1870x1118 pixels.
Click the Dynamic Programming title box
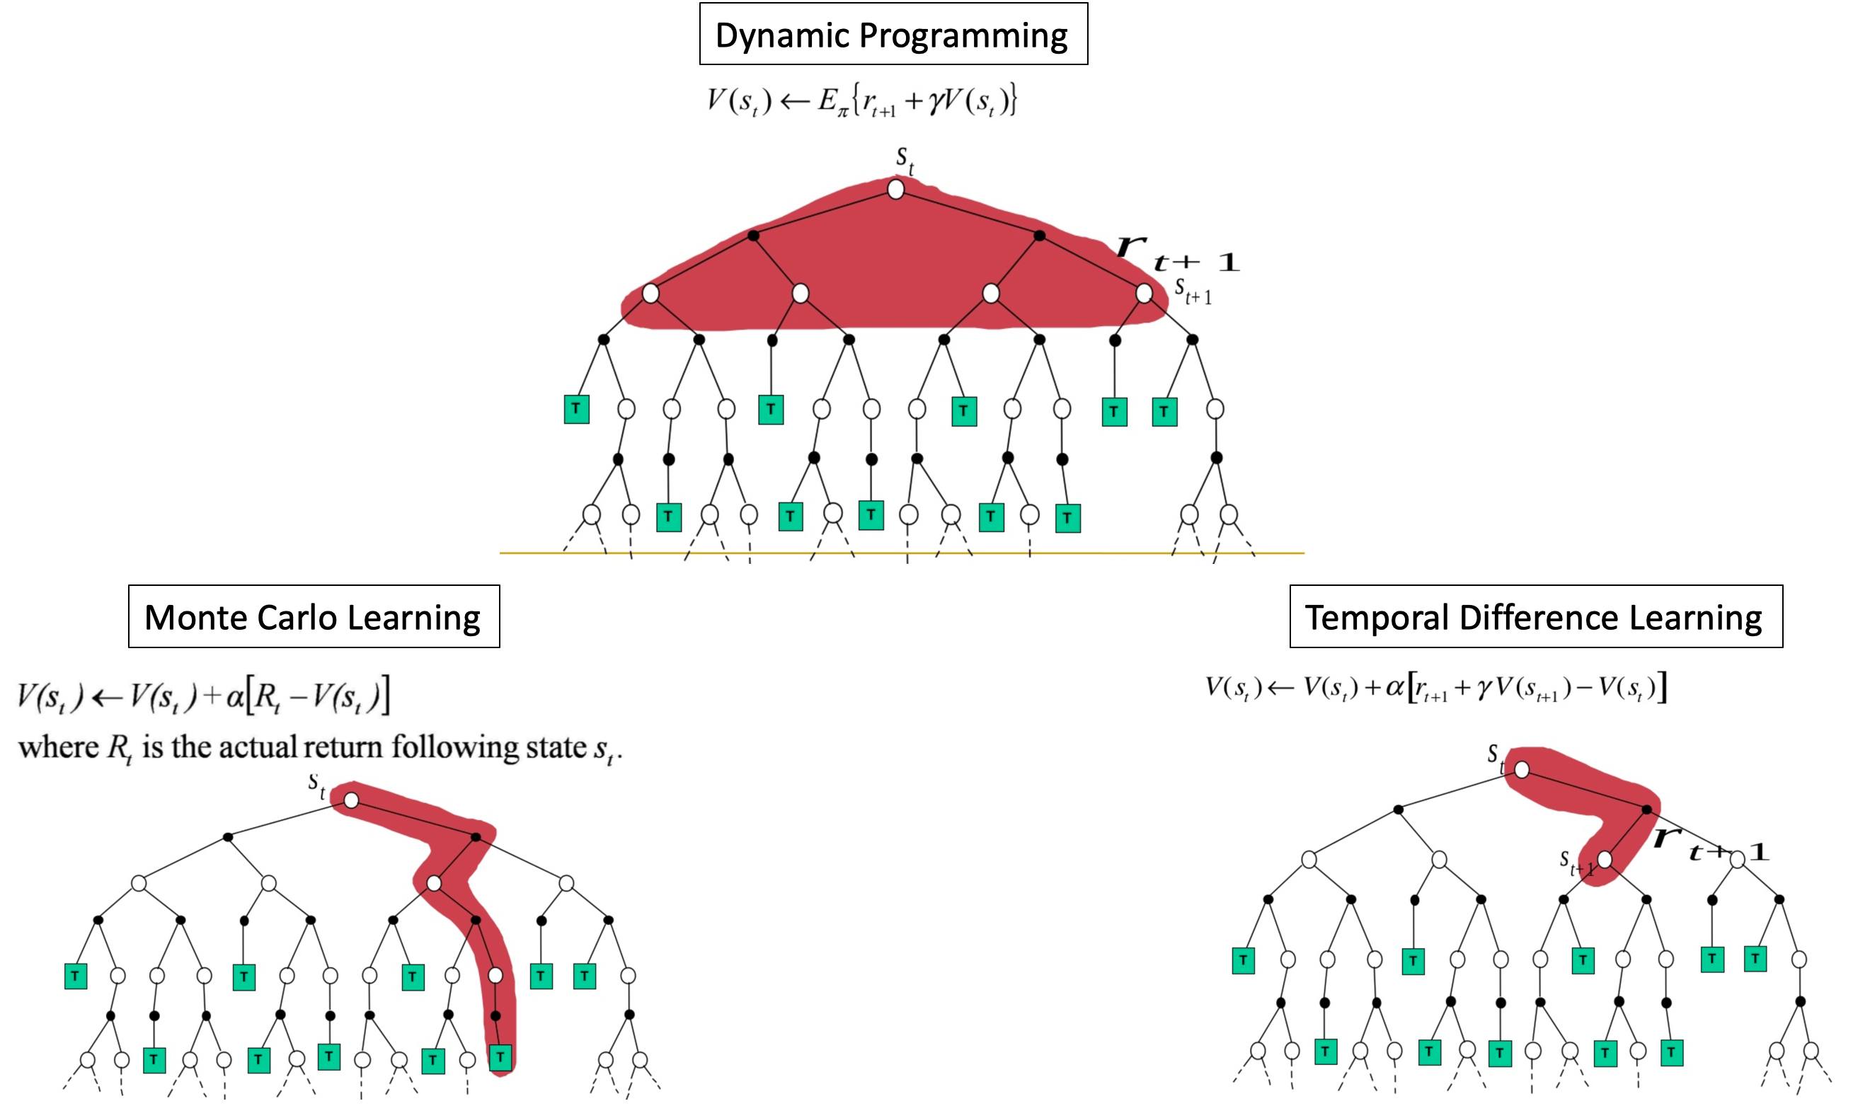pyautogui.click(x=893, y=35)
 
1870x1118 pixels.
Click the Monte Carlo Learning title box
pyautogui.click(x=314, y=617)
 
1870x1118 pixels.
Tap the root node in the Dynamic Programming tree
pyautogui.click(x=895, y=189)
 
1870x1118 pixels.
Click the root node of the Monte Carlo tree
pyautogui.click(x=351, y=800)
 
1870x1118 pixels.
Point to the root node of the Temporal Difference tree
pyautogui.click(x=1521, y=770)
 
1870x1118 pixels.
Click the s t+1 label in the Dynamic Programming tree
pyautogui.click(x=1193, y=291)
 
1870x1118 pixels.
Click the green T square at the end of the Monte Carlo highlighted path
pyautogui.click(x=500, y=1057)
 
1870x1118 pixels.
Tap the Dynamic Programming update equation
pyautogui.click(x=861, y=101)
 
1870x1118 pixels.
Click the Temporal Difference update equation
pyautogui.click(x=1436, y=688)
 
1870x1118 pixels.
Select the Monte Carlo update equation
pyautogui.click(x=203, y=696)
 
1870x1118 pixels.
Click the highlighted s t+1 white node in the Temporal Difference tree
pyautogui.click(x=1605, y=859)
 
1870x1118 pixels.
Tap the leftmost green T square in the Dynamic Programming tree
pyautogui.click(x=576, y=409)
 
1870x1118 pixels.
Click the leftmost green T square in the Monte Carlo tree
pyautogui.click(x=75, y=976)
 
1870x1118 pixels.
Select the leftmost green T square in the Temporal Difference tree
pyautogui.click(x=1243, y=960)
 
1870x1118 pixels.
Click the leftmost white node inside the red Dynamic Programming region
pyautogui.click(x=651, y=293)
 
